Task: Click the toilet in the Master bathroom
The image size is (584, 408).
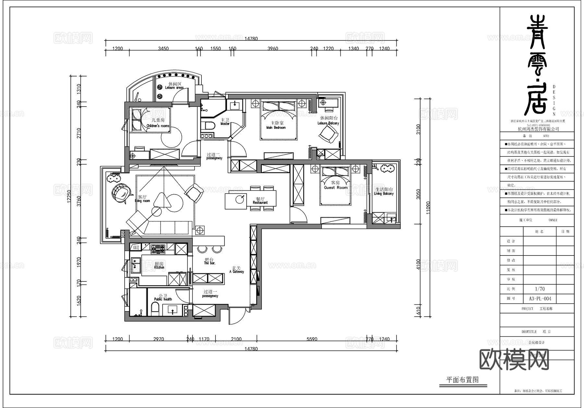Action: pyautogui.click(x=208, y=126)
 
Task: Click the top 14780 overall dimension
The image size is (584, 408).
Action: pyautogui.click(x=251, y=39)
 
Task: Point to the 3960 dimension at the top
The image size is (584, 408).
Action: pyautogui.click(x=273, y=49)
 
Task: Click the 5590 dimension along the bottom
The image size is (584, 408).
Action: pyautogui.click(x=312, y=339)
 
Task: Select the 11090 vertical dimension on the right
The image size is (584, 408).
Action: pyautogui.click(x=428, y=208)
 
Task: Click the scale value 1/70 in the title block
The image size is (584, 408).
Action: pyautogui.click(x=540, y=289)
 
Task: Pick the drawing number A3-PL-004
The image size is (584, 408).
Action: pyautogui.click(x=540, y=299)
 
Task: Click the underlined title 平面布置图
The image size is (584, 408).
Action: pyautogui.click(x=462, y=380)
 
